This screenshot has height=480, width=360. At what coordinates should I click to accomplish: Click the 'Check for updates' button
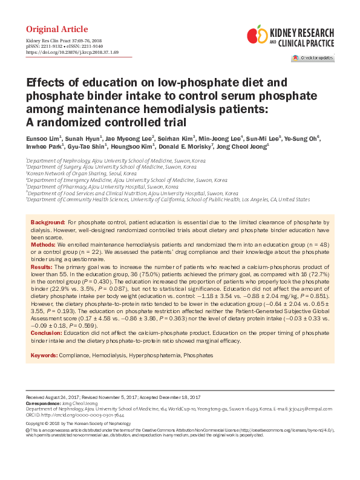click(x=312, y=57)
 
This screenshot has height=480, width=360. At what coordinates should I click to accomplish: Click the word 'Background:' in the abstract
click(x=48, y=223)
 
